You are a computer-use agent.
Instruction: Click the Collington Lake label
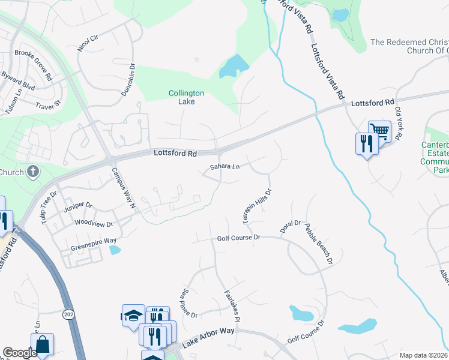(x=186, y=97)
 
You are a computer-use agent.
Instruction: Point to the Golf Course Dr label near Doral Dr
(x=239, y=238)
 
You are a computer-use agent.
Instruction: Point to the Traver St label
(x=49, y=104)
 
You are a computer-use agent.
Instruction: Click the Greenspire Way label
(x=85, y=241)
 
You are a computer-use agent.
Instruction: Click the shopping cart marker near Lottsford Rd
(x=379, y=130)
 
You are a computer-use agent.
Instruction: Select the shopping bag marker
(x=42, y=344)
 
